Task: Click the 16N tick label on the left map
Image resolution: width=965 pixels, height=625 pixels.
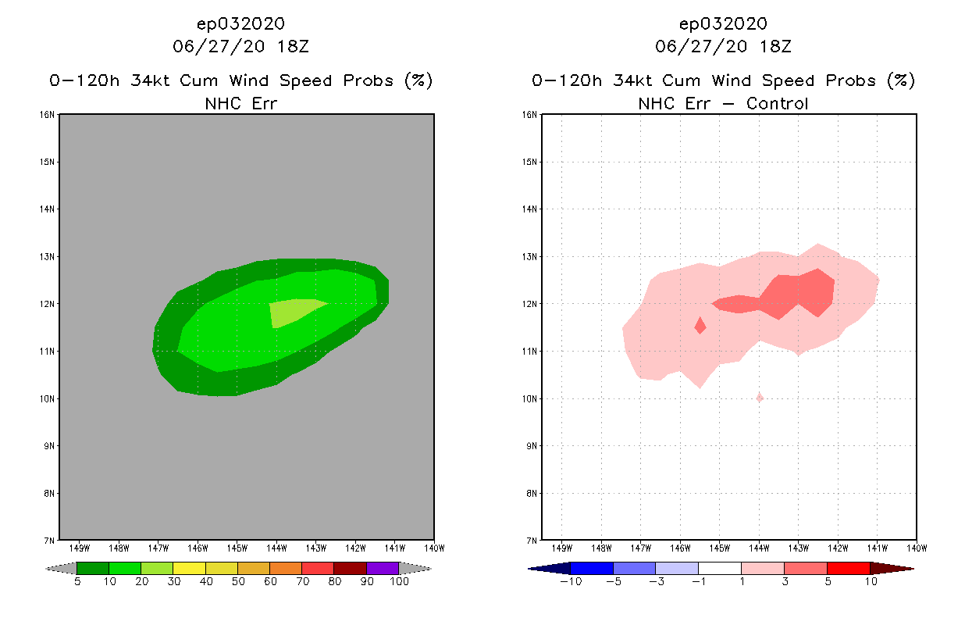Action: tap(48, 115)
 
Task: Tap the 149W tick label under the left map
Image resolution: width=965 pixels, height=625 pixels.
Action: tap(79, 548)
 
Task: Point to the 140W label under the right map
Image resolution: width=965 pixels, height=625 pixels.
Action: tap(917, 548)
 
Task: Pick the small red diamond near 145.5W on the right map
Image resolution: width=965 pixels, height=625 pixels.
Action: tap(700, 325)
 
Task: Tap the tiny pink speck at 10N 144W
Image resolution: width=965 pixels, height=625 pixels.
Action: tap(759, 398)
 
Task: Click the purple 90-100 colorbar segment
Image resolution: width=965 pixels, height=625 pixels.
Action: tap(383, 568)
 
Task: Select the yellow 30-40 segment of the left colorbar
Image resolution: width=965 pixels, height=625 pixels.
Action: tap(189, 568)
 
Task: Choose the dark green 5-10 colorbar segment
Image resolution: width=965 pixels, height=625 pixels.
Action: tap(93, 568)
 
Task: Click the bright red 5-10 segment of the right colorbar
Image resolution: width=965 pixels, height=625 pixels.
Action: tap(848, 568)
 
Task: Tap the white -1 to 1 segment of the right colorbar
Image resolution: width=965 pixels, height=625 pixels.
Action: tap(719, 568)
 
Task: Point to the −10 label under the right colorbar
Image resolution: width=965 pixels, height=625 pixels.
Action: tap(568, 582)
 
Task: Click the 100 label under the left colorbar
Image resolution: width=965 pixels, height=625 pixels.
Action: tap(399, 582)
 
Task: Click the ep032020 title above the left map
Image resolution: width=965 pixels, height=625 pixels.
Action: tap(240, 23)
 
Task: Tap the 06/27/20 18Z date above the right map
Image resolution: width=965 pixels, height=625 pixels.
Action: tap(723, 46)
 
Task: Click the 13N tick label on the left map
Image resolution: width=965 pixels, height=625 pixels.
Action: tap(48, 256)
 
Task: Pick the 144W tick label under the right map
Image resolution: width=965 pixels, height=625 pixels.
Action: tap(759, 548)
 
